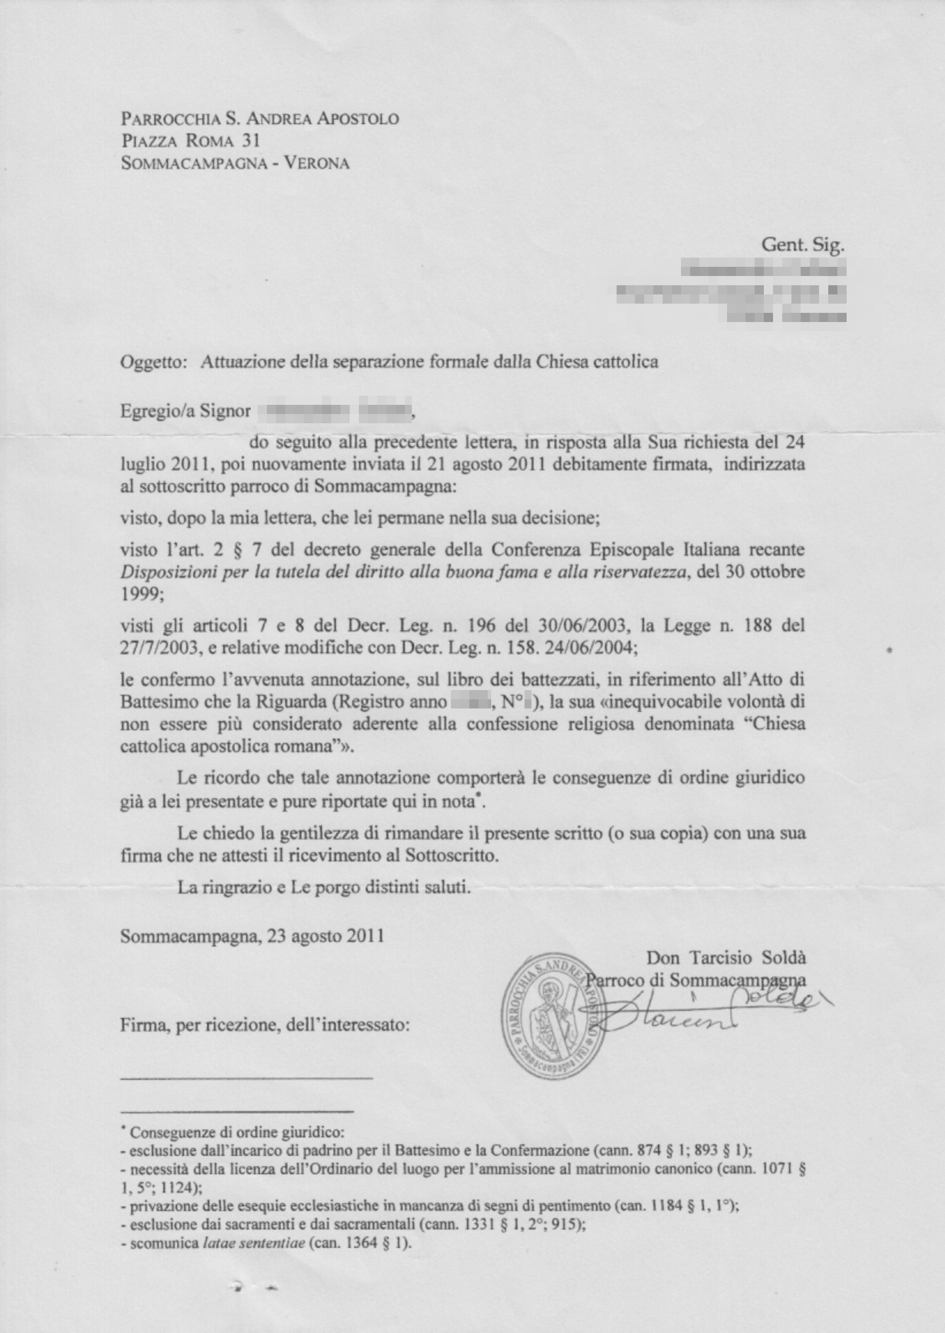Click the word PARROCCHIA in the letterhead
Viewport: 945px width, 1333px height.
click(170, 118)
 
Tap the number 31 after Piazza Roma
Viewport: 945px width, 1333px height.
click(250, 141)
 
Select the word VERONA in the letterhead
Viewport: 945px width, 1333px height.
click(316, 163)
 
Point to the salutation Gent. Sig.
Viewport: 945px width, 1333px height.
click(802, 245)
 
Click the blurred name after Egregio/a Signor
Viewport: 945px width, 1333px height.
click(335, 410)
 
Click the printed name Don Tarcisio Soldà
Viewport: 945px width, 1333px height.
click(726, 957)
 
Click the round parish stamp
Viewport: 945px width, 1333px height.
click(553, 1017)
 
